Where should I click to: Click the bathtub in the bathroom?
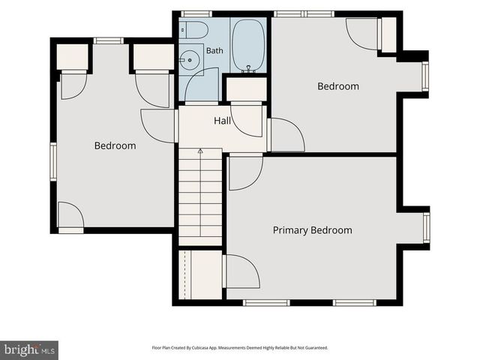pos(248,45)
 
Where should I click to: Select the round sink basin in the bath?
pos(190,60)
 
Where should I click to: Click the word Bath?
pos(214,50)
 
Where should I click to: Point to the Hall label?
pos(222,121)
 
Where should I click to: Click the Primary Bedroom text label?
pos(312,230)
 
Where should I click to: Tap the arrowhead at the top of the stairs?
pos(200,151)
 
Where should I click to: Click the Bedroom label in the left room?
pos(115,145)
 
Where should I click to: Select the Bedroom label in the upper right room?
pos(338,86)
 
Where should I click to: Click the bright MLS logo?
pos(29,350)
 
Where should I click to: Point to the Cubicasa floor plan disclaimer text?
pos(240,348)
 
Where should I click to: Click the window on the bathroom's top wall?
pos(196,14)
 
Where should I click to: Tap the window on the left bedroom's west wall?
pos(53,162)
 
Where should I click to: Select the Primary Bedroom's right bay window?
pos(427,227)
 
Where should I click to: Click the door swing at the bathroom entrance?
pos(202,85)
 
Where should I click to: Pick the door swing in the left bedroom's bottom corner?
pos(70,214)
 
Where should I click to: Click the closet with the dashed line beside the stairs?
pos(200,274)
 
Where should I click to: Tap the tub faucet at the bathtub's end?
pos(248,68)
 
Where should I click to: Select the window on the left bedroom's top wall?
pos(108,40)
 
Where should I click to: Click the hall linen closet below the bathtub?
pos(247,89)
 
